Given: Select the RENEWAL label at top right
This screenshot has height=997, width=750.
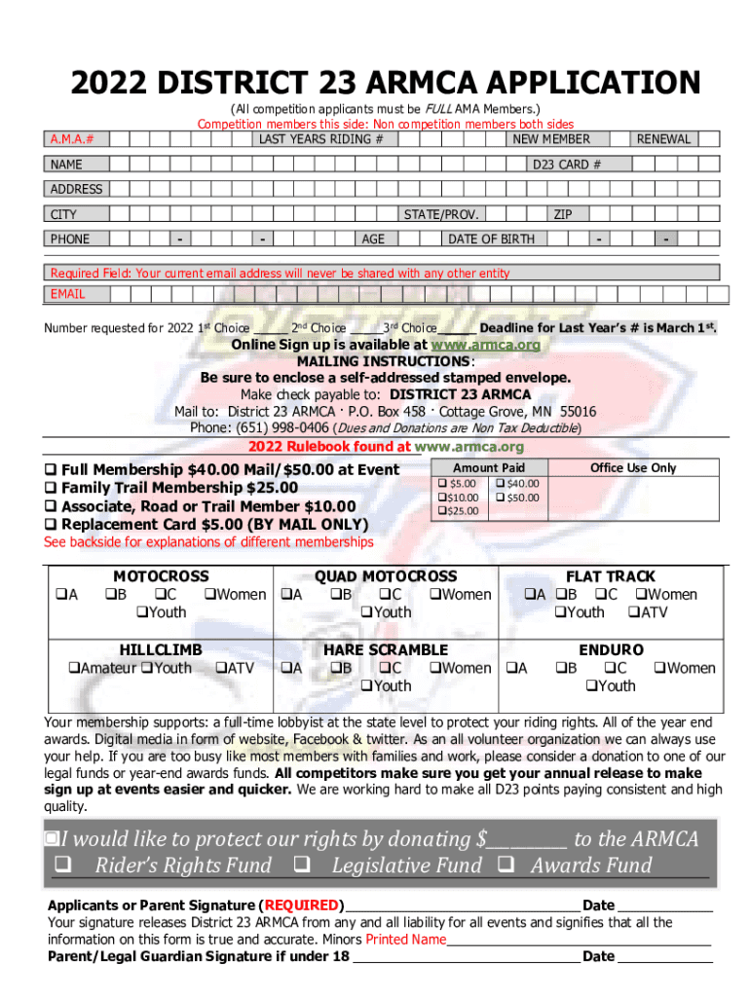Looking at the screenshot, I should (663, 139).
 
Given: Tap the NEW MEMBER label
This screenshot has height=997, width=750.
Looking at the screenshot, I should (551, 139).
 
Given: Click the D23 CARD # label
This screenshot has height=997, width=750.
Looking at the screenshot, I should (565, 165).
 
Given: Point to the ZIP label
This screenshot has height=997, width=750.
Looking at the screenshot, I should (563, 214).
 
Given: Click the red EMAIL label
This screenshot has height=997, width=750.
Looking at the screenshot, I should (67, 294).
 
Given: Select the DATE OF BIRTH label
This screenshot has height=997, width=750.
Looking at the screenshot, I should (491, 239).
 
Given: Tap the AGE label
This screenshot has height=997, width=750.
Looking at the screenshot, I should (372, 239).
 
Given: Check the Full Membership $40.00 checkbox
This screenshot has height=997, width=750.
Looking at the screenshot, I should (52, 470).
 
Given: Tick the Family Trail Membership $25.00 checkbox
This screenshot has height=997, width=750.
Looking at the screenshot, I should (52, 488).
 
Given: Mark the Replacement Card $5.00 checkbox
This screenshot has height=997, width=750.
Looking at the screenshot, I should (52, 525).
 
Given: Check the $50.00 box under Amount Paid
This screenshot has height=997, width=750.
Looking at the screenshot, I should (500, 498).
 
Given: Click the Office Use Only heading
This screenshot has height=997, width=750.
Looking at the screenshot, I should (632, 468).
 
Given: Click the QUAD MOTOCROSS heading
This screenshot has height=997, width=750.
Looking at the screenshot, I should (385, 576).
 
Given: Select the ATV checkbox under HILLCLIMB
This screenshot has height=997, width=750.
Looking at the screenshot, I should (219, 668).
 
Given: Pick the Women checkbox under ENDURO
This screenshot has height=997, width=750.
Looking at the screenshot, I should (659, 668).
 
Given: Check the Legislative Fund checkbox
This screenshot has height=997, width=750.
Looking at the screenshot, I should (301, 865).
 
